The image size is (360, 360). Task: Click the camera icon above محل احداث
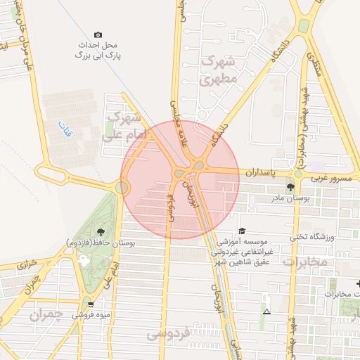(x=98, y=34)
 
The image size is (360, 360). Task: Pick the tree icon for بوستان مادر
(x=290, y=186)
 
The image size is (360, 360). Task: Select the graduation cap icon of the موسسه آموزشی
(x=243, y=231)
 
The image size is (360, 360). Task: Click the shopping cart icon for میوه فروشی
(x=91, y=304)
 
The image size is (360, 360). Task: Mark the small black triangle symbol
(x=266, y=311)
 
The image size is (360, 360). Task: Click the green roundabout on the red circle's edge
(x=124, y=188)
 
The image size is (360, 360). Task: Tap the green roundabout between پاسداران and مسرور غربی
(x=298, y=173)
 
